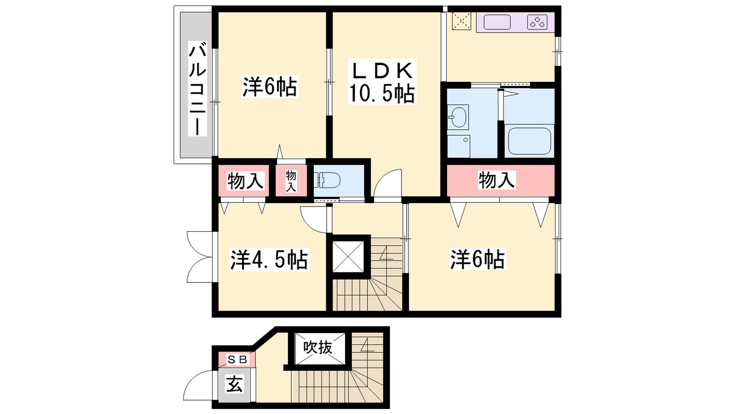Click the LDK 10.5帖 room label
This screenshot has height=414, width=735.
382,82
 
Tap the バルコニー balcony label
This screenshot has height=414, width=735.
198,88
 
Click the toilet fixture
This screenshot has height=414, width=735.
327,180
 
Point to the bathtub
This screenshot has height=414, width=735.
529,141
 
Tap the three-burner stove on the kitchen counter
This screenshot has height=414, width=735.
537,22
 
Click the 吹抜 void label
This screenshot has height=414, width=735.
317,348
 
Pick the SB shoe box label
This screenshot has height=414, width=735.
237,360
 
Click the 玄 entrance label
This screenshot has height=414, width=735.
235,385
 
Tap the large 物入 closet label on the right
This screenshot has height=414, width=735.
497,180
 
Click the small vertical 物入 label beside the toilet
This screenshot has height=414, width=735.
291,181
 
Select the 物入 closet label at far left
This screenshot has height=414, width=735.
245,181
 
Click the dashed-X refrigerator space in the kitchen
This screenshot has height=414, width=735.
461,21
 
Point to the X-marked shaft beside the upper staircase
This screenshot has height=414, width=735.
348,257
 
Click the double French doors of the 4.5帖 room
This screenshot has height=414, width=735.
200,257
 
